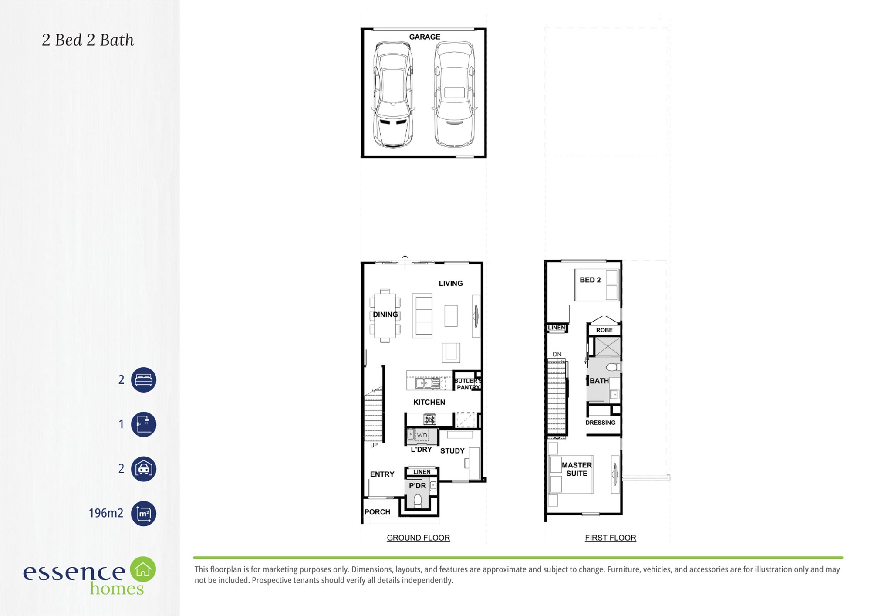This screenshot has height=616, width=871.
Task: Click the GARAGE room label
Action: coord(425,37)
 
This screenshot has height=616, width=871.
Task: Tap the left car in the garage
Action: coord(392,94)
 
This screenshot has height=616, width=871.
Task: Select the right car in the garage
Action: coord(454,94)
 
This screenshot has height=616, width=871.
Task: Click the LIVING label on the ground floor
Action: coord(451,283)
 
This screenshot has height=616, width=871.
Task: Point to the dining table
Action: coord(385,316)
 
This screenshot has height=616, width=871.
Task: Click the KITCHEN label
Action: coord(429,402)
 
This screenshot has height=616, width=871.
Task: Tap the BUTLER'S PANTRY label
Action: coord(467,384)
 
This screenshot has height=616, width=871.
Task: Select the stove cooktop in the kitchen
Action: coord(430,420)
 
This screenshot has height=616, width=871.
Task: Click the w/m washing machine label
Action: coord(422,435)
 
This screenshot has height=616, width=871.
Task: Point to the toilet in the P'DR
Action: coord(418,501)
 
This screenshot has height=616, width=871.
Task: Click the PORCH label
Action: coord(377,512)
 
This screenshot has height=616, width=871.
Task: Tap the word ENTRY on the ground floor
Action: coord(382,474)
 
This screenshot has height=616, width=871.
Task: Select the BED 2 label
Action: coord(590,280)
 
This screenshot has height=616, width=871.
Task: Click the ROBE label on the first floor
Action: coord(604,330)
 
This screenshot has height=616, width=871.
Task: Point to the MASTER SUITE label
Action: coord(577,469)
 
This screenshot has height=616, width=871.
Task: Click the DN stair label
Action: coord(557,354)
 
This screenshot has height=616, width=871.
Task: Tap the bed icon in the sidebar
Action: coord(144,380)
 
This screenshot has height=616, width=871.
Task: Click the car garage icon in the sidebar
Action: coord(144,469)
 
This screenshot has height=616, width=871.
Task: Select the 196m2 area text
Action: coord(106,513)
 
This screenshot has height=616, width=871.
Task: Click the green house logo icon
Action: coord(143,569)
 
